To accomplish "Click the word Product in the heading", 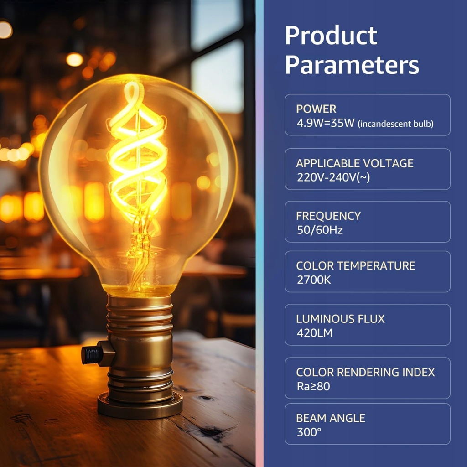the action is (x=331, y=36).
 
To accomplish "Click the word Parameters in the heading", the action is (x=352, y=65).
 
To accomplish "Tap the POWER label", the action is (x=316, y=109).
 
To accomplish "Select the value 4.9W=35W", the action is (x=326, y=123).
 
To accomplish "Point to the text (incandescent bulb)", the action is (x=396, y=124).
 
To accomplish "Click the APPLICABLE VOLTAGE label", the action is (x=355, y=163).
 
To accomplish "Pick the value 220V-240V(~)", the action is (x=333, y=177).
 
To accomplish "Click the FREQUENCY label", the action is (x=328, y=216).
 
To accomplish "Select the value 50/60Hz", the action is (x=320, y=230).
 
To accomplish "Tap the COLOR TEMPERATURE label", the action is (x=356, y=266).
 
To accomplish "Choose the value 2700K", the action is (x=314, y=280).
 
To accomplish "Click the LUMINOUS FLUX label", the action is (x=340, y=319).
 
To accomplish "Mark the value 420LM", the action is (x=315, y=333).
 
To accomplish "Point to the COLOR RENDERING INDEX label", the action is (x=365, y=372).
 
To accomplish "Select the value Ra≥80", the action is (x=313, y=386).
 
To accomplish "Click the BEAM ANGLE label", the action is (x=331, y=418).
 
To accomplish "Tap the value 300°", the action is (x=309, y=432).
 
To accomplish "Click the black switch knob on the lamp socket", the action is (x=92, y=355).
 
